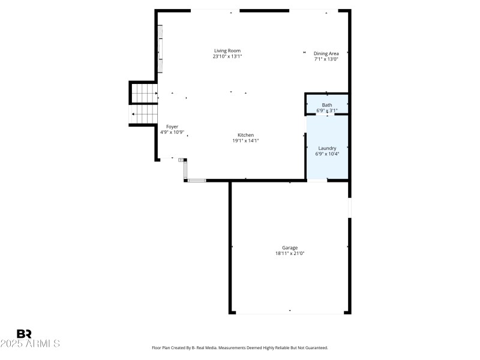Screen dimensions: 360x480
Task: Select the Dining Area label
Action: click(x=326, y=53)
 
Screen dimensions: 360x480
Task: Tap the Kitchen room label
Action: click(x=245, y=135)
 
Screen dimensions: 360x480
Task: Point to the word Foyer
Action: click(x=172, y=127)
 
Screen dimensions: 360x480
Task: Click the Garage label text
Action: click(x=290, y=248)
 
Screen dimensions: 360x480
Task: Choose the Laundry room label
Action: click(x=327, y=148)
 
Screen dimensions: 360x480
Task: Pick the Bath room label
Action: click(x=326, y=105)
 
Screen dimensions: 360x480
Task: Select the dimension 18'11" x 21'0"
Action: click(x=290, y=253)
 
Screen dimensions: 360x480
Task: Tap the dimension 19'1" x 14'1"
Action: click(x=245, y=140)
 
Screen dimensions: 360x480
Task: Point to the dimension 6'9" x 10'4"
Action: click(x=327, y=154)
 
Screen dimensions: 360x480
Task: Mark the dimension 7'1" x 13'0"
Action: click(x=326, y=59)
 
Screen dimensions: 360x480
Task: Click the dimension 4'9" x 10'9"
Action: click(x=172, y=132)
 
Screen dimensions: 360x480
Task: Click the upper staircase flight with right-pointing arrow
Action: click(x=144, y=94)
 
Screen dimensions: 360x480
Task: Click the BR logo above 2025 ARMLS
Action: click(x=24, y=334)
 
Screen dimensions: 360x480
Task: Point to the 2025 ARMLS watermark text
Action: click(x=30, y=344)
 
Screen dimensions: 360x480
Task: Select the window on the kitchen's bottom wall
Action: click(x=197, y=180)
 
